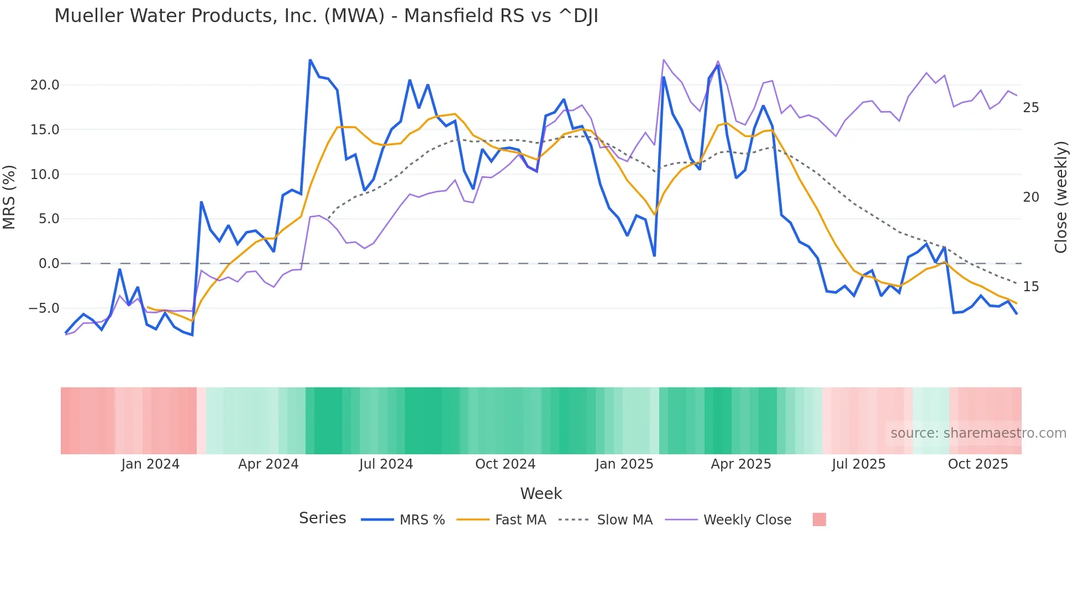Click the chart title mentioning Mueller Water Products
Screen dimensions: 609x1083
tap(326, 16)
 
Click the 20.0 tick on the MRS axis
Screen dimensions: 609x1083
tap(45, 85)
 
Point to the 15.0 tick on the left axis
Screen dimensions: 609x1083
tap(45, 130)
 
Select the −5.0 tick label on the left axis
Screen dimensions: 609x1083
tap(44, 308)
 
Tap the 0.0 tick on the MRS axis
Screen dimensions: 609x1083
tap(49, 264)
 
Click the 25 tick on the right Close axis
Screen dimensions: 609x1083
tap(1031, 108)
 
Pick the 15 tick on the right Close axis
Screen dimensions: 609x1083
tap(1031, 287)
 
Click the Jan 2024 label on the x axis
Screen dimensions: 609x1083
tap(150, 464)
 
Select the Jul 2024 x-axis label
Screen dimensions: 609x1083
tap(386, 464)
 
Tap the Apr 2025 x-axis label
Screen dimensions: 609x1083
tap(740, 464)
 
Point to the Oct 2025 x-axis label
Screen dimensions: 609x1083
tap(977, 464)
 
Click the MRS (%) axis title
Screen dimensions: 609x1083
tap(9, 197)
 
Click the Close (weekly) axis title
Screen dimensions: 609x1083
tap(1061, 197)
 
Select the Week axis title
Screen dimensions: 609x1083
tap(541, 494)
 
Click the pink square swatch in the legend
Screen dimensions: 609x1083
tap(819, 519)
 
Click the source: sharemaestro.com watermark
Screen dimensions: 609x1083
tap(978, 433)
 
